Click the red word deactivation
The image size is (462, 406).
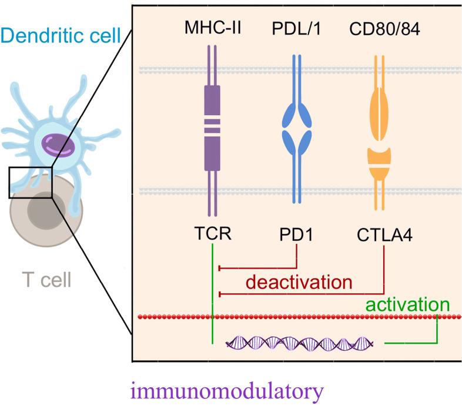click(299, 281)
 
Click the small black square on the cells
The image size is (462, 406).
click(31, 182)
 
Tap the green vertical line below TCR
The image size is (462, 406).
click(212, 294)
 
